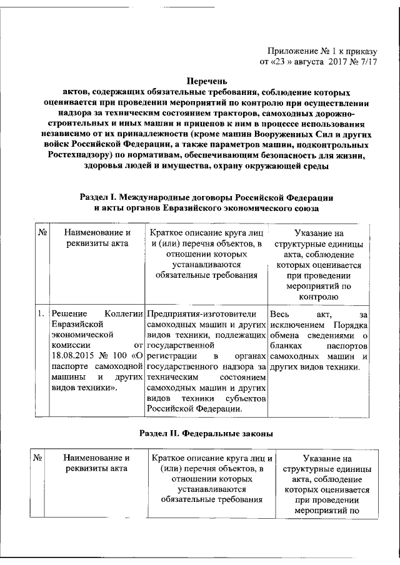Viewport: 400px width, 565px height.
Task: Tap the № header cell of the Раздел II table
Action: click(x=37, y=458)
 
